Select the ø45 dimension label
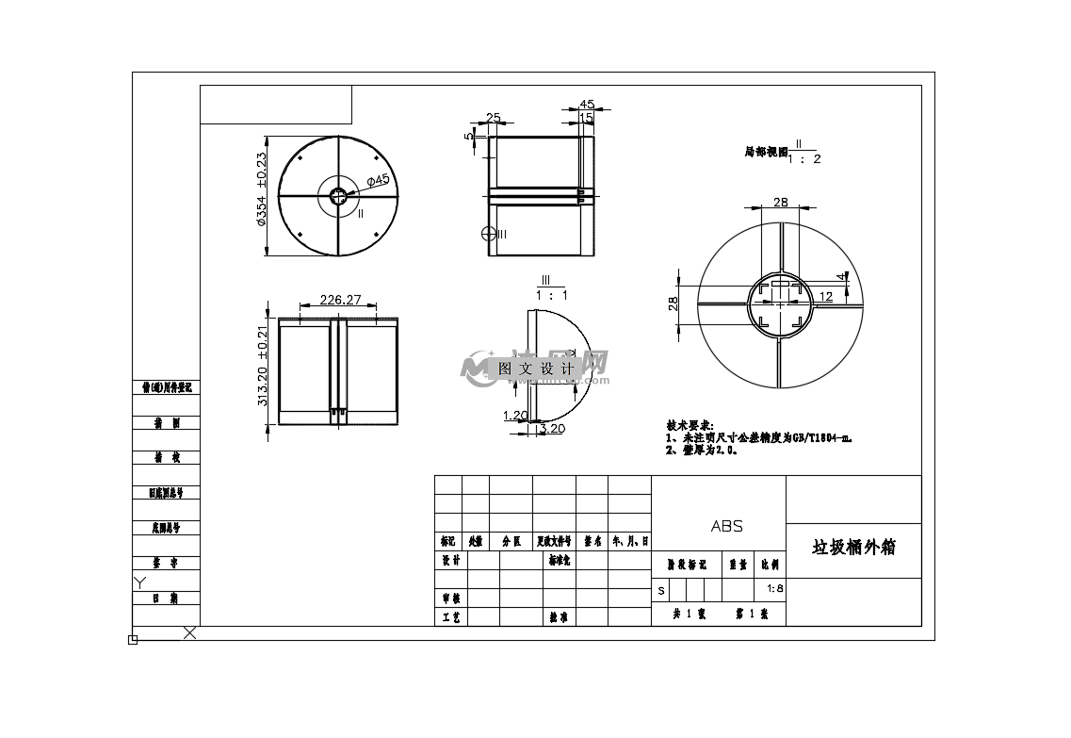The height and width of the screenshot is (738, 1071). tap(378, 180)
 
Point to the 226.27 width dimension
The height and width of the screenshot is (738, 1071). tap(341, 300)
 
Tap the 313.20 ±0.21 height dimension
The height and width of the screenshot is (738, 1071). tap(263, 368)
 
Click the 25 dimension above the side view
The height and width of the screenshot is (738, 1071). tap(493, 118)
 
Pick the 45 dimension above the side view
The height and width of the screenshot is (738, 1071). tap(587, 105)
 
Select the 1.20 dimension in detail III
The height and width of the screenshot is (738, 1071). tap(515, 416)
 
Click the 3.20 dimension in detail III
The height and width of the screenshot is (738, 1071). tap(551, 429)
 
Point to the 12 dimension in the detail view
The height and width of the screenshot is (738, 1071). tap(825, 296)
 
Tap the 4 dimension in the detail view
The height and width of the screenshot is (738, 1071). tap(841, 276)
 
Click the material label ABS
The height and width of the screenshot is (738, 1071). tap(726, 526)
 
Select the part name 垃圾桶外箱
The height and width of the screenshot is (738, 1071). tap(853, 548)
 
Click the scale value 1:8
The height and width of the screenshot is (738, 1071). tap(775, 589)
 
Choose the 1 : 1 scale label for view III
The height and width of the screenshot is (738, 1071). tap(552, 295)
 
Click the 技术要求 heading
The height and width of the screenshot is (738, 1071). tap(690, 426)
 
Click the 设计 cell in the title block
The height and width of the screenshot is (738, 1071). tap(451, 560)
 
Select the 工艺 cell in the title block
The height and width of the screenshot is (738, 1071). tap(451, 617)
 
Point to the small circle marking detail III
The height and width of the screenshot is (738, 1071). tap(487, 233)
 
